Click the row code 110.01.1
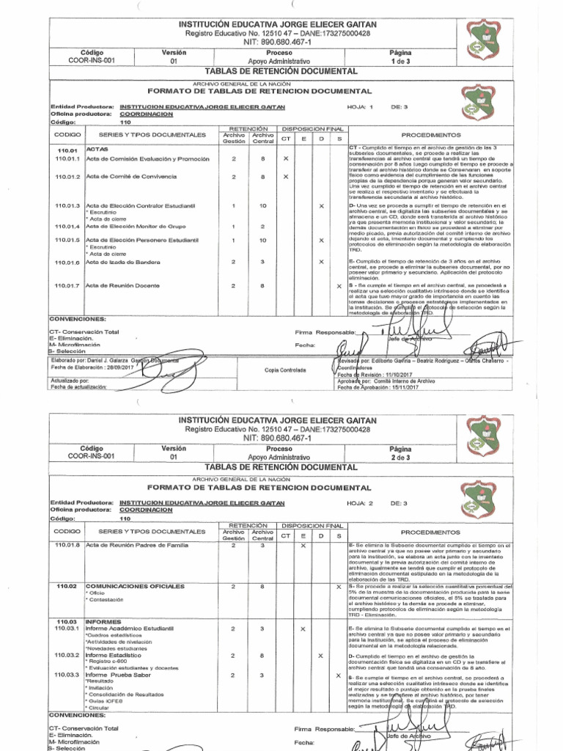pos(67,159)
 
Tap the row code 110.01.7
pos(67,285)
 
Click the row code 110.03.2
pos(67,654)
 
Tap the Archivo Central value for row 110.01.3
pos(262,206)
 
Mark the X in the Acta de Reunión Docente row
pos(339,285)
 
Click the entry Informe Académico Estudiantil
pos(129,629)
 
